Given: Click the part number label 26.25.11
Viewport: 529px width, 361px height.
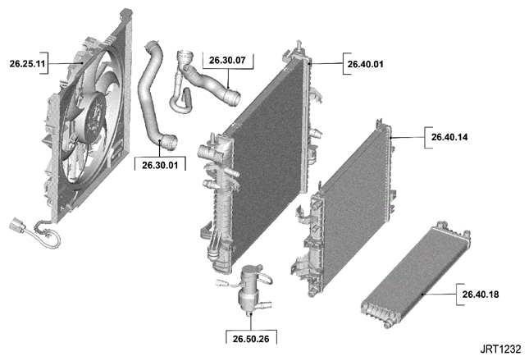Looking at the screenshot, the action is click(x=27, y=63).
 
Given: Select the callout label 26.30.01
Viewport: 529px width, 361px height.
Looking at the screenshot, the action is click(x=160, y=165).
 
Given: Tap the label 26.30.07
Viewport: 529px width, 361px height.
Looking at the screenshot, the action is click(x=227, y=61).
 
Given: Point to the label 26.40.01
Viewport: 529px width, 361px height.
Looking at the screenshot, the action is click(x=365, y=64).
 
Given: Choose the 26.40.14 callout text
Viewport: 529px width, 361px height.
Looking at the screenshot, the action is click(x=449, y=137).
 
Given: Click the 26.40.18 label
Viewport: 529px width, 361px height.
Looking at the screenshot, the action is click(x=481, y=295).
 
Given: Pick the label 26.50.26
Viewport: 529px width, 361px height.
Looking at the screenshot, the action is click(x=251, y=339).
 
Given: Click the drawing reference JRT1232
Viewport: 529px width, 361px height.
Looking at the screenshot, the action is click(x=500, y=350).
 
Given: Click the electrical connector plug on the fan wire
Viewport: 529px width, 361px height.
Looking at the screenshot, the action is click(x=16, y=225).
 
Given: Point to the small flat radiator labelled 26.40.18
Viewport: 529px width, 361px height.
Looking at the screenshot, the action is click(x=415, y=275).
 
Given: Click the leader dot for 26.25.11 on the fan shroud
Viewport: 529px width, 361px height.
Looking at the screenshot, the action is click(x=82, y=62).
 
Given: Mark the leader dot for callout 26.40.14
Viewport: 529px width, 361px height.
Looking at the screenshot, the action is click(x=390, y=137).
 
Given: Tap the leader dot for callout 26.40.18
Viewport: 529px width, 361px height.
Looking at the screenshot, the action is click(x=422, y=295).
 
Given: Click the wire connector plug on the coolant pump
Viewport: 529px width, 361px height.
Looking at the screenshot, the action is click(x=220, y=283).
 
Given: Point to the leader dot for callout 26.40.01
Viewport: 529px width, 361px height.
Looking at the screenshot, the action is click(x=309, y=63).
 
